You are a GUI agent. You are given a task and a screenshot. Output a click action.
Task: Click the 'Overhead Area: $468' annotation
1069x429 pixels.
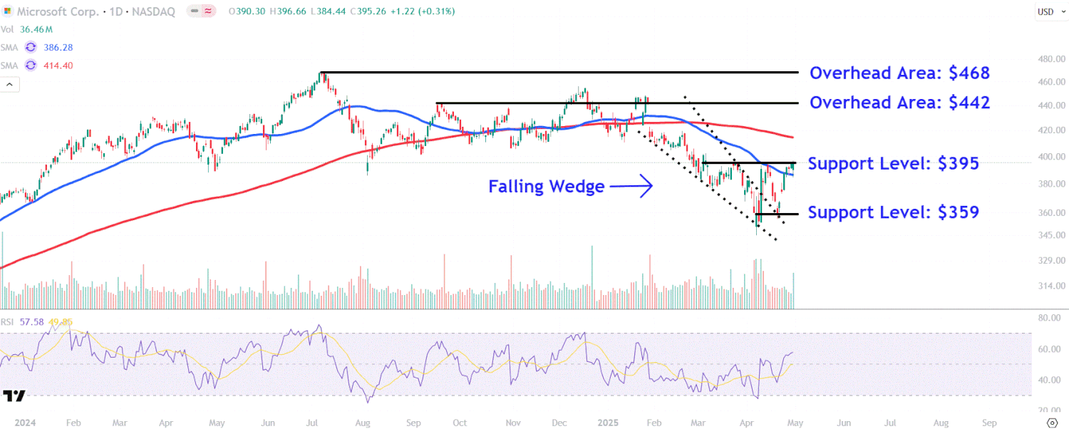(899, 73)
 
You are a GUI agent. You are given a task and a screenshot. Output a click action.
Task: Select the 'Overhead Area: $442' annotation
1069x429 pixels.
(899, 103)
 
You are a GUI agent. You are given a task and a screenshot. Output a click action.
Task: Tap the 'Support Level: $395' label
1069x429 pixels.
(893, 164)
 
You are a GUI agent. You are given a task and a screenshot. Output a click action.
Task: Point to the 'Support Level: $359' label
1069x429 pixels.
(893, 212)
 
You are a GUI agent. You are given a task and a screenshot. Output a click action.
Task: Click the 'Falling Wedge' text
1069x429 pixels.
(546, 187)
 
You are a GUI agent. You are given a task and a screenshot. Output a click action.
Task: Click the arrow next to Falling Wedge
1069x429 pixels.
(632, 187)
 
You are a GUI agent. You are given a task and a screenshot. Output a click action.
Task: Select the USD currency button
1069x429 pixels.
(1045, 11)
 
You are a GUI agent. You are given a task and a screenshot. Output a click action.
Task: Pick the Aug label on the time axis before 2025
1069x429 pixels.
(362, 423)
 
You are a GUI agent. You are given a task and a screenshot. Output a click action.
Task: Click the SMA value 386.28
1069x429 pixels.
(58, 47)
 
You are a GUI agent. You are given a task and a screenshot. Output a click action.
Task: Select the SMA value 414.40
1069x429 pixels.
(58, 66)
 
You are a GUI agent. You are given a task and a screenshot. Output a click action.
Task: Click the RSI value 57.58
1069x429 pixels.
(31, 322)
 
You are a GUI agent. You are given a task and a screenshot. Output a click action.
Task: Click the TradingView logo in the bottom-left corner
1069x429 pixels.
(14, 396)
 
